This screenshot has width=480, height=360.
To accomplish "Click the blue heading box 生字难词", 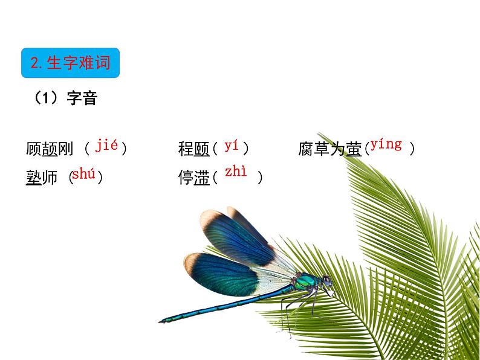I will (70, 63).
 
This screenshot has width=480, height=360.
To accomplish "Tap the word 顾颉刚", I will (50, 149).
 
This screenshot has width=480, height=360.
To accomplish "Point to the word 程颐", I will (193, 149).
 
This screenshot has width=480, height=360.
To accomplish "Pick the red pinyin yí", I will (232, 146).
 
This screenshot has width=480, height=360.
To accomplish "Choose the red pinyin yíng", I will (386, 144).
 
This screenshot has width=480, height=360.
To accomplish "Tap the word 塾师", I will (42, 178).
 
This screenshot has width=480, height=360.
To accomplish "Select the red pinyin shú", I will (83, 175).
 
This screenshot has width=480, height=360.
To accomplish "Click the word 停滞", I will (193, 178).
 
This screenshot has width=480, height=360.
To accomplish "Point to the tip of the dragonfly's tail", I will (161, 321).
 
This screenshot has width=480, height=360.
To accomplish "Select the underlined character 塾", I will (34, 178).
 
